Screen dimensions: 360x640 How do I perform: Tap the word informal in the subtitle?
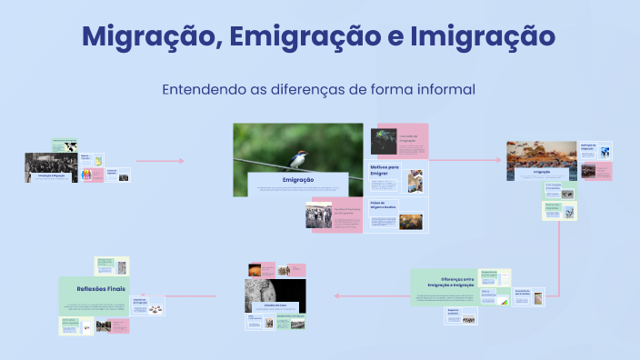click(x=445, y=90)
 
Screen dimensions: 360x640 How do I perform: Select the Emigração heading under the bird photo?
click(x=298, y=181)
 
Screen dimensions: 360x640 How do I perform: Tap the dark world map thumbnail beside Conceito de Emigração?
click(x=383, y=142)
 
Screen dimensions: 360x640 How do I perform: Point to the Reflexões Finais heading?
click(x=101, y=288)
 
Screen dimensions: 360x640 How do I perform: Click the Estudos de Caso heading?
click(x=275, y=305)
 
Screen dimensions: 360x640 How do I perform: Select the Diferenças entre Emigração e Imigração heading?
click(x=445, y=282)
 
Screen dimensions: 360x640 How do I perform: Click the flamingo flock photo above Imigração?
click(x=542, y=155)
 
